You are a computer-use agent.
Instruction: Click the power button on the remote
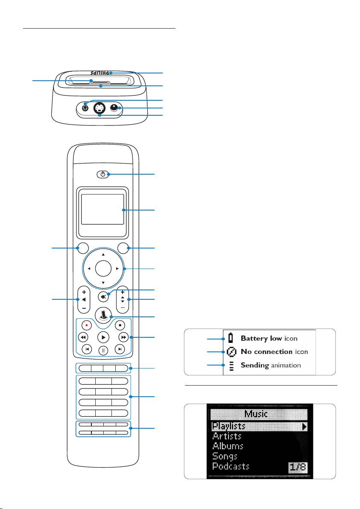[x=102, y=174]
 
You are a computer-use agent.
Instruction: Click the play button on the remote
[x=103, y=337]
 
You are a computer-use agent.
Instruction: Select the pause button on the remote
[x=103, y=351]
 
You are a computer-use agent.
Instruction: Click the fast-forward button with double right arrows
[x=123, y=337]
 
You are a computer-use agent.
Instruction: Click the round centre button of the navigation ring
[x=103, y=269]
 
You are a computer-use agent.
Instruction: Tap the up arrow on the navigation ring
[x=103, y=254]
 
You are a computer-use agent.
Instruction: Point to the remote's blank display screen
[x=102, y=209]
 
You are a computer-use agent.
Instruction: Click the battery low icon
[x=231, y=339]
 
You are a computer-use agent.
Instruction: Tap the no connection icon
[x=231, y=352]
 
